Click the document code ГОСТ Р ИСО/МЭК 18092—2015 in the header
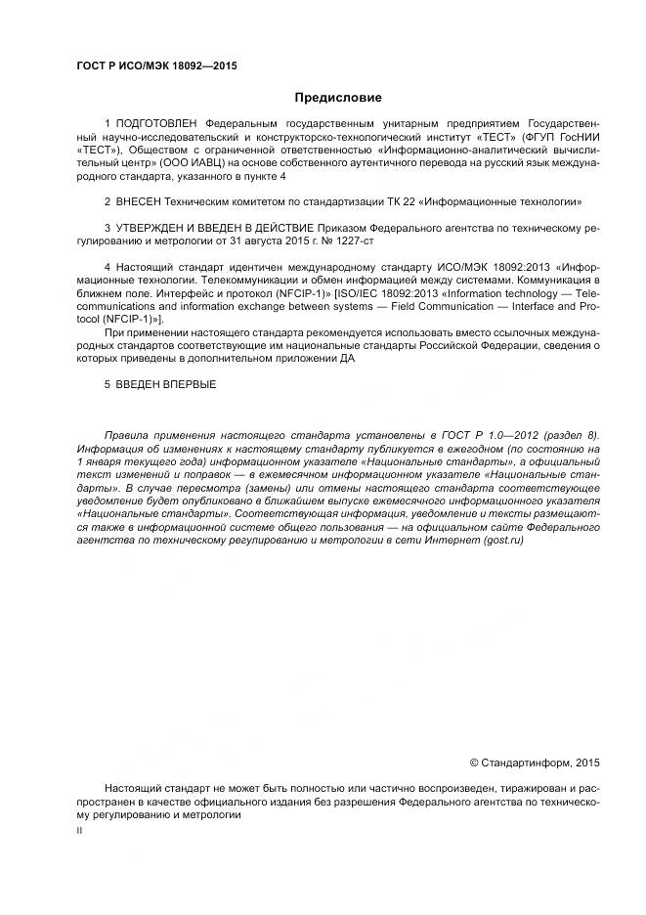156,65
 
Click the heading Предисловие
338,97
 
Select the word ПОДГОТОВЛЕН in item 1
156,124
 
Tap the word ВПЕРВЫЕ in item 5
189,384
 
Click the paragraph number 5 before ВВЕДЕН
108,384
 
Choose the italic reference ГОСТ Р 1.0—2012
480,435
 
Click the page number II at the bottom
79,829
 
